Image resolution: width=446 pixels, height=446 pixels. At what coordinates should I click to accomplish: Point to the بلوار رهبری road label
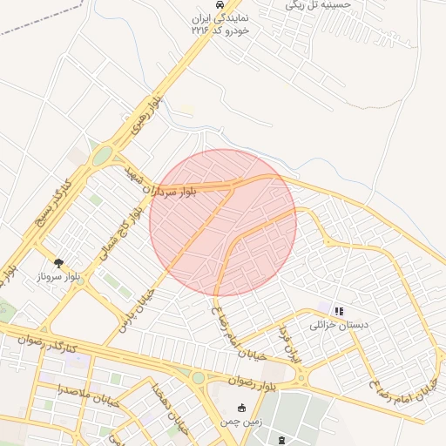tap(147, 117)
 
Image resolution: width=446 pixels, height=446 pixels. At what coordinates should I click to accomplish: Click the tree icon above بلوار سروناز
tap(59, 261)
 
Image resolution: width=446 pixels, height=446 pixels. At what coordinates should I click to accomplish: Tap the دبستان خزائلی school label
tap(340, 325)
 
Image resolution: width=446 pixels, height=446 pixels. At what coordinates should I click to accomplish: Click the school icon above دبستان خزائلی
tap(339, 310)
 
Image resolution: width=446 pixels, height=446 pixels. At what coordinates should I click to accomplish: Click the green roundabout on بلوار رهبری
tap(103, 156)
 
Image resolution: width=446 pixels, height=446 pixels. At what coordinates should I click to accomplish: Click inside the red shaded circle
tap(223, 222)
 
